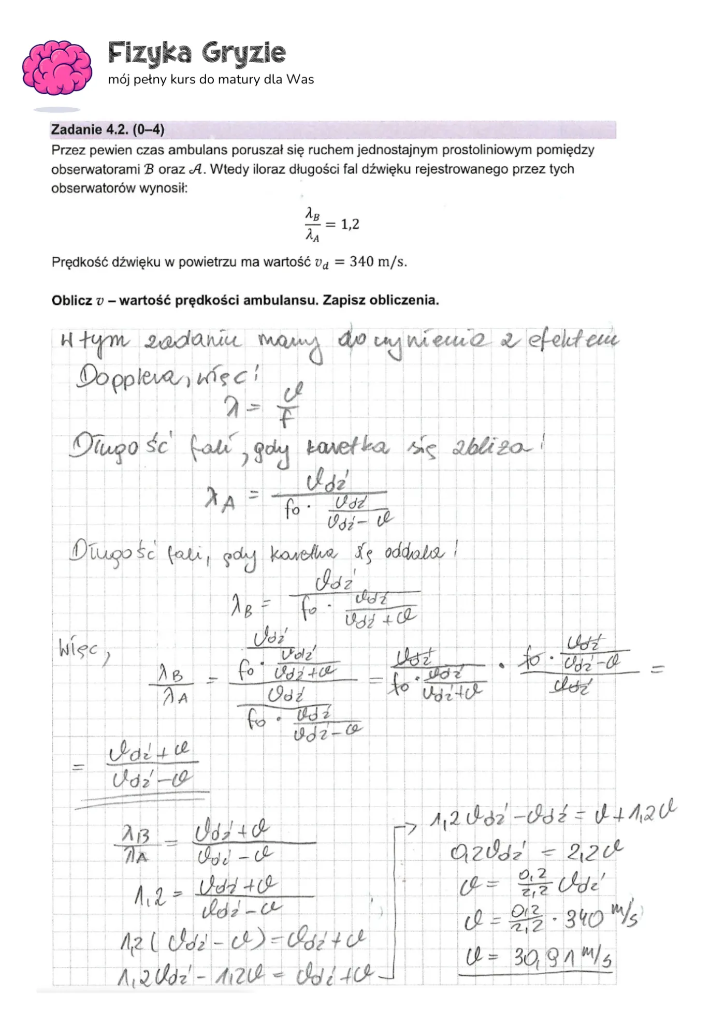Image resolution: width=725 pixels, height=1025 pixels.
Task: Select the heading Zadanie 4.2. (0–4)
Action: [108, 129]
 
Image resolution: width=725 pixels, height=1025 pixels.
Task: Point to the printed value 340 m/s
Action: [378, 262]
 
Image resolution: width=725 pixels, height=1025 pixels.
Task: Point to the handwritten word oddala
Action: [413, 552]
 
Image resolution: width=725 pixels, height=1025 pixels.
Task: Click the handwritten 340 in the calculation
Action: [584, 919]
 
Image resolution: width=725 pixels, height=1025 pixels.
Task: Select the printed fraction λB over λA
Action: [312, 225]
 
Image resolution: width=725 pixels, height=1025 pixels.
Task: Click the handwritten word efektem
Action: [572, 341]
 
